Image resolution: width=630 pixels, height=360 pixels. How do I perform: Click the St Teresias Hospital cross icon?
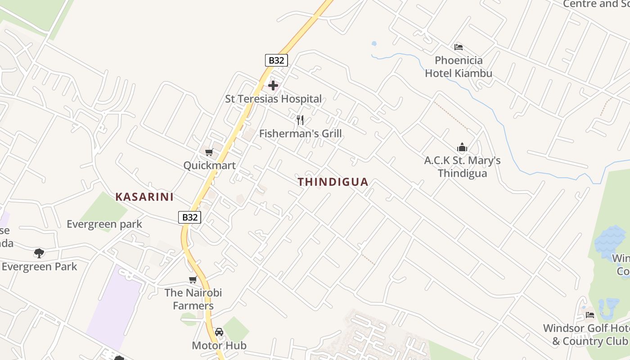[x=273, y=85]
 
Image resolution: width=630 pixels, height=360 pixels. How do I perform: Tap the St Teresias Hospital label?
[x=273, y=99]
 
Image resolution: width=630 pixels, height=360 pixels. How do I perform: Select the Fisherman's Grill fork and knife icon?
[x=300, y=120]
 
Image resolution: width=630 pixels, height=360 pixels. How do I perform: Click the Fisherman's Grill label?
[x=300, y=134]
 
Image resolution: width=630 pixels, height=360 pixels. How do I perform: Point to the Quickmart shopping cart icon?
[x=209, y=153]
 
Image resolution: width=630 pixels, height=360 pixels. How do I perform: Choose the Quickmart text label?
[x=209, y=166]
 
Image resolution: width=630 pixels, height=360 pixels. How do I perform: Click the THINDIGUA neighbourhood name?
[x=333, y=182]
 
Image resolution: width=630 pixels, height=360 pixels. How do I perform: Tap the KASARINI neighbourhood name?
[x=144, y=197]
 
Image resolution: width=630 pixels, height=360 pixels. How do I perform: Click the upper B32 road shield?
[x=276, y=60]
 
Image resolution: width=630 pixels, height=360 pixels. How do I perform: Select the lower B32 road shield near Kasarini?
[x=189, y=217]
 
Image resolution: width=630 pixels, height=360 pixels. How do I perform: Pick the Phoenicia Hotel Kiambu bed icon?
[x=459, y=47]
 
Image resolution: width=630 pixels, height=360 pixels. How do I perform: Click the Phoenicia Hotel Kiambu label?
[x=459, y=67]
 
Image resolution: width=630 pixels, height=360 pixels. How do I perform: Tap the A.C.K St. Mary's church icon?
[x=462, y=147]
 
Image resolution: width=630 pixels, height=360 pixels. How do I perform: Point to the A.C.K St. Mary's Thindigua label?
[x=462, y=166]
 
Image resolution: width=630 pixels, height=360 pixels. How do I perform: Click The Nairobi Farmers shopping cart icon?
[x=193, y=279]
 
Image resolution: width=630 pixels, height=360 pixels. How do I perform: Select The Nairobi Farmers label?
[x=193, y=299]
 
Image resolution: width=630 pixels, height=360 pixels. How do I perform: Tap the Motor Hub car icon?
[x=219, y=332]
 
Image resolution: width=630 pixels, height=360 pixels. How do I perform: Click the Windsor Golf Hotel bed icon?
[x=590, y=315]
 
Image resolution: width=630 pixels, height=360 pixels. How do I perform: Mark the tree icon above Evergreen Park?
[x=39, y=253]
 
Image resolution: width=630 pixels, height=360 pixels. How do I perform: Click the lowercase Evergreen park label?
[x=104, y=224]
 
